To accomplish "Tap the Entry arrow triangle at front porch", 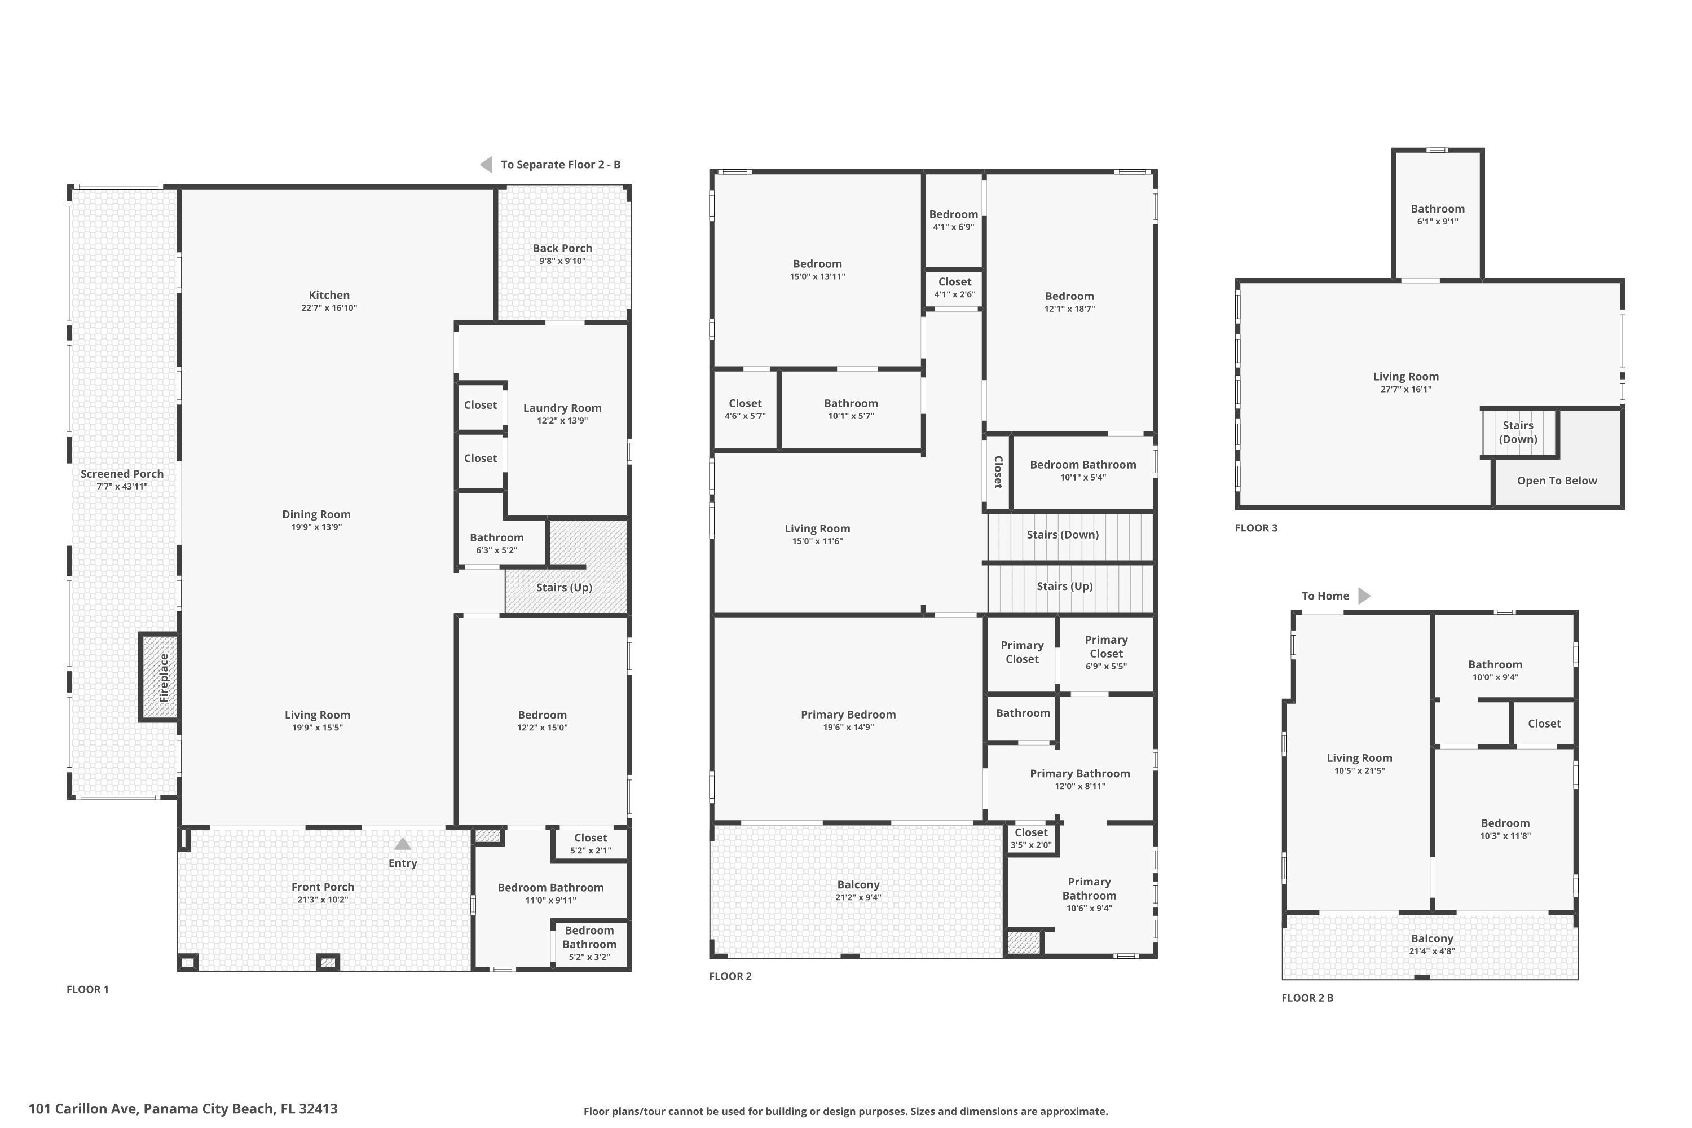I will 403,844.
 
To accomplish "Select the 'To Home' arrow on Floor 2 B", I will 1363,596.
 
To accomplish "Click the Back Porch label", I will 562,248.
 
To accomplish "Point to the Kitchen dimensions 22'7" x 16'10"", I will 329,308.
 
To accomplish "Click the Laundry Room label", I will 562,408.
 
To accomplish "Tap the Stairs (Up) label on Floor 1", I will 563,587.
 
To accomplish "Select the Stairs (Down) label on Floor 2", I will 1062,535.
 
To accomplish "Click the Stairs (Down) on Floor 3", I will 1518,433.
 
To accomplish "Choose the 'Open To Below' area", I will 1557,481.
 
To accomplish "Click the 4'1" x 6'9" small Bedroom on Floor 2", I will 953,219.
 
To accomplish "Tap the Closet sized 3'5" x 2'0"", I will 1031,838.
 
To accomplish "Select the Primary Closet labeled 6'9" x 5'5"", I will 1105,652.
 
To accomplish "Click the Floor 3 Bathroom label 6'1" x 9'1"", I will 1437,214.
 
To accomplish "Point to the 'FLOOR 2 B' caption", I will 1307,998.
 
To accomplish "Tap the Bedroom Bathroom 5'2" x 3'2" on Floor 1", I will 589,943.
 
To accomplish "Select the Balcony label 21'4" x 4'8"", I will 1431,944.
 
